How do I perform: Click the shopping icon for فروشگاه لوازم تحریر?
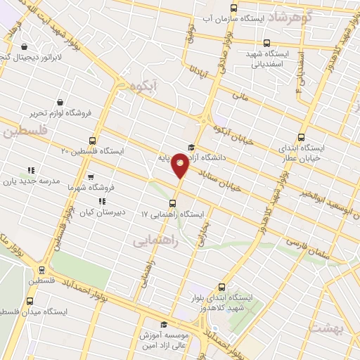60,103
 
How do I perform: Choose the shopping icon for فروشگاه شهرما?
89,178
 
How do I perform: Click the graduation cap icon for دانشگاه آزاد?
191,147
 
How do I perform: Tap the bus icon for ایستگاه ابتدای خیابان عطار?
302,137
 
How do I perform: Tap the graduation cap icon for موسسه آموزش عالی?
164,324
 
